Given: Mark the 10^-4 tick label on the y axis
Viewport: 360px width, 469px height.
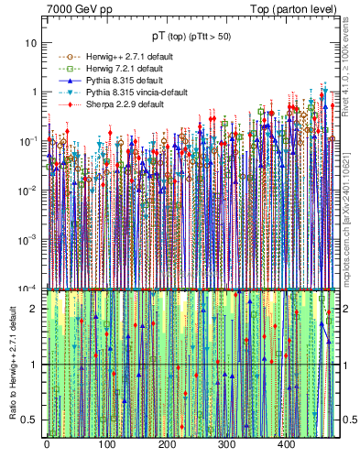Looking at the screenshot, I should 29,288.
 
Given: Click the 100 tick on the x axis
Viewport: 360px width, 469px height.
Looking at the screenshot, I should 106,445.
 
